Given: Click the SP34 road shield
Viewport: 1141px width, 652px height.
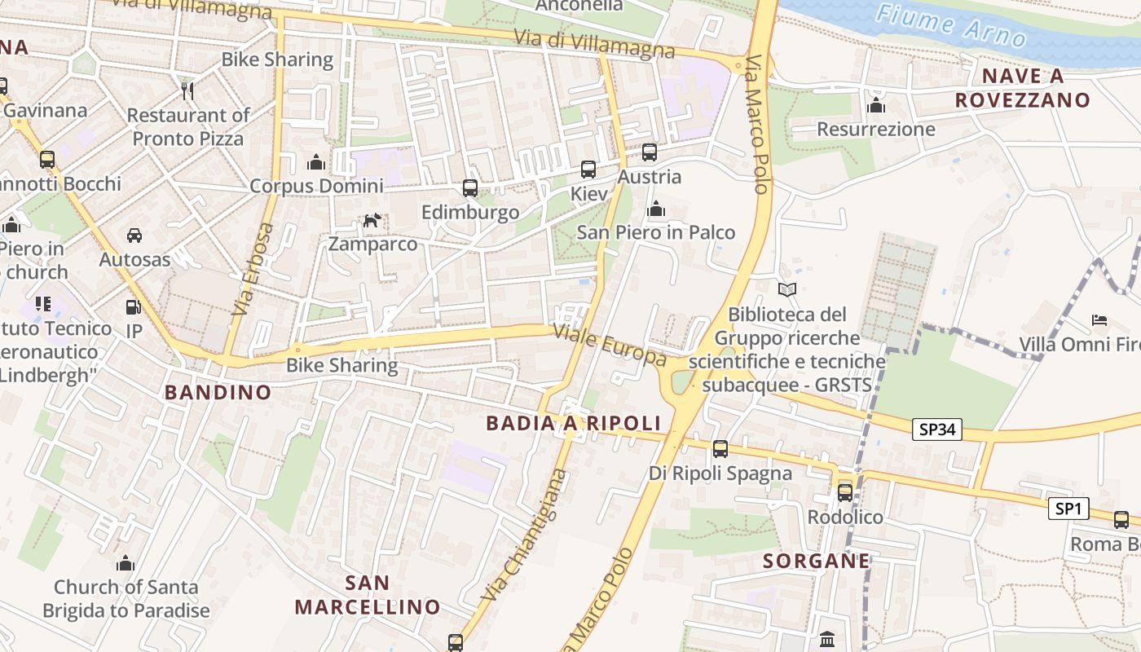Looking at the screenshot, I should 937,430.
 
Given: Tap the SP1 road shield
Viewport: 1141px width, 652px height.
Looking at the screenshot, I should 1068,509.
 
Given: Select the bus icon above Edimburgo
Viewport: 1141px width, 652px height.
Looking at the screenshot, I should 469,188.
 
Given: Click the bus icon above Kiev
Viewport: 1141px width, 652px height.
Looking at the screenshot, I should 588,170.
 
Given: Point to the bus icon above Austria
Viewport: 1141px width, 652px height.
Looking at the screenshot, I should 649,152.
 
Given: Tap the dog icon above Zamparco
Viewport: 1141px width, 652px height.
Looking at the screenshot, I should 372,220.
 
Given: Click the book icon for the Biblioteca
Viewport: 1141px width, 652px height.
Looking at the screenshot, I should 786,289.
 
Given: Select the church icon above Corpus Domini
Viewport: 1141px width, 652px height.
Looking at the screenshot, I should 315,162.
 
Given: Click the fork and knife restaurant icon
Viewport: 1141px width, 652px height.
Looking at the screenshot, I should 187,90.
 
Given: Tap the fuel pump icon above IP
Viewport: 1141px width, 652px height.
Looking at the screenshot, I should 133,307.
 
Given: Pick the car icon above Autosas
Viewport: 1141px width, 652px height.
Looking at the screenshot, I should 134,236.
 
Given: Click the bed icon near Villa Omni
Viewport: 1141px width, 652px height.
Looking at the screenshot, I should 1099,319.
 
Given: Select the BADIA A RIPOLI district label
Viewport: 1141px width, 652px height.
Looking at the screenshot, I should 573,423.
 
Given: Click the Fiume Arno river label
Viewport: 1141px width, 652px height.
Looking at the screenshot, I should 952,24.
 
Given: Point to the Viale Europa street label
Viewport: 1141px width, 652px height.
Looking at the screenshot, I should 609,345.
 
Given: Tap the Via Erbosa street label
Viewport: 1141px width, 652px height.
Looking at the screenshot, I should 253,269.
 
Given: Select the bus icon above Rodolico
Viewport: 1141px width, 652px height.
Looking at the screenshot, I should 845,492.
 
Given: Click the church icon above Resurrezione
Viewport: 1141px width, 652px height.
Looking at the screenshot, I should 876,105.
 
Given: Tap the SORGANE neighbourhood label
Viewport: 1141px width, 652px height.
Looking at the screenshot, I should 816,561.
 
